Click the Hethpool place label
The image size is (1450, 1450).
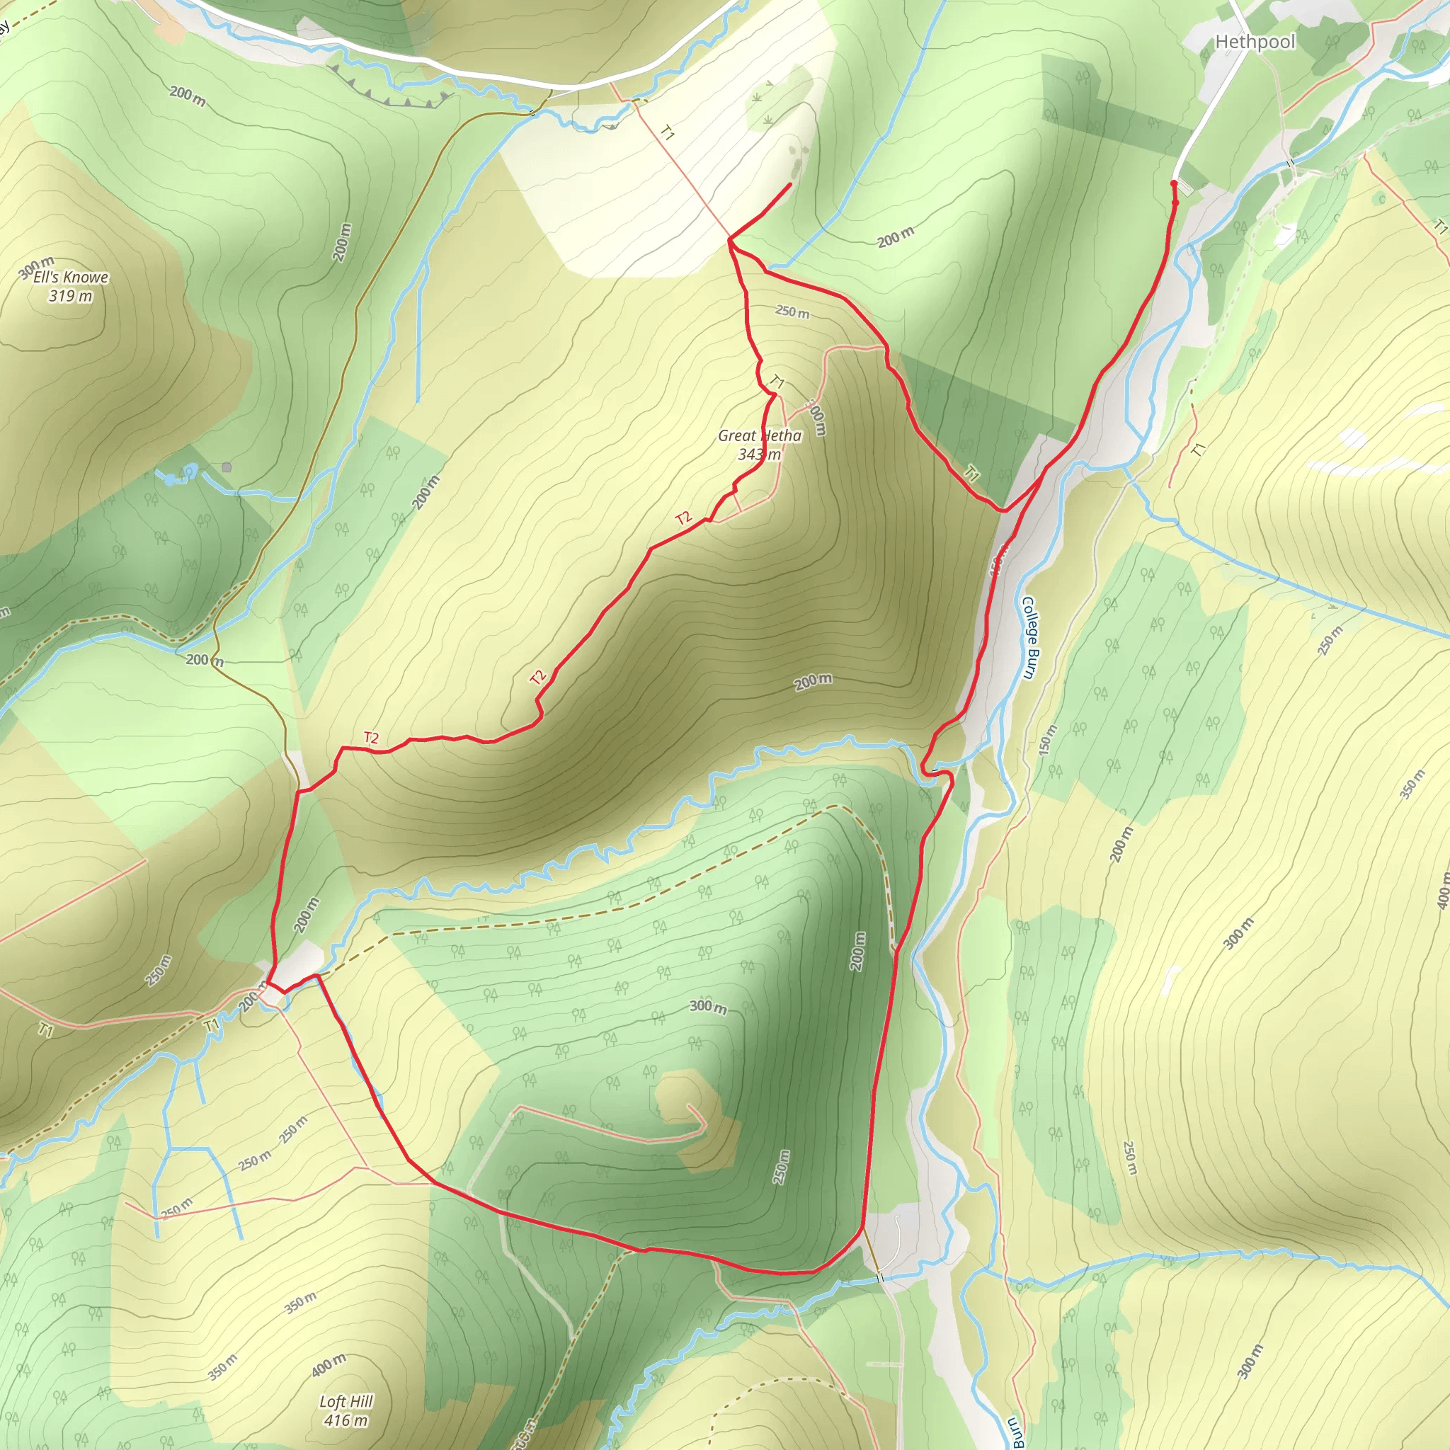[1255, 41]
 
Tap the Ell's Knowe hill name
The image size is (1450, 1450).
[71, 277]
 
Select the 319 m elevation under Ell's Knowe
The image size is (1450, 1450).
[71, 296]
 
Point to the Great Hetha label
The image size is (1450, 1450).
[760, 435]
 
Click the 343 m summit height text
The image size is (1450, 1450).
[760, 454]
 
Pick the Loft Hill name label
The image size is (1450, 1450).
[346, 1401]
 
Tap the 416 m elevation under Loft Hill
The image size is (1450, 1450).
[346, 1420]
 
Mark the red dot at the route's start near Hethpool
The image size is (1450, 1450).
[1174, 183]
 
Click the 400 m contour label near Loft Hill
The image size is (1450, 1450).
[329, 1365]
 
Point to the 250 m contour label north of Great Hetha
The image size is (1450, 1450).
[792, 312]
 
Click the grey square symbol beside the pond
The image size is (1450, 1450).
[227, 467]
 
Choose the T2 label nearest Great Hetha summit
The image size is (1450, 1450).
[683, 518]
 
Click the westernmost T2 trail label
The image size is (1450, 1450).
[371, 737]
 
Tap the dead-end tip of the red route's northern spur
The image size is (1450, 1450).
[791, 184]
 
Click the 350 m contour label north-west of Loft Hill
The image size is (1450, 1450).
[299, 1303]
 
